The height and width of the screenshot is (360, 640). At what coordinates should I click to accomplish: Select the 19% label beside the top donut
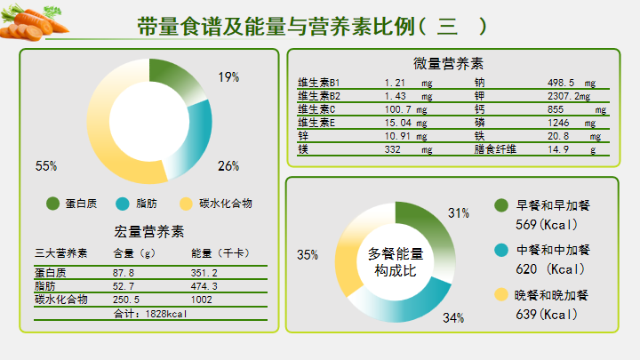[228, 77]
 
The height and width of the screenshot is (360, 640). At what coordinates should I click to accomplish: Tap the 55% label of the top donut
[46, 166]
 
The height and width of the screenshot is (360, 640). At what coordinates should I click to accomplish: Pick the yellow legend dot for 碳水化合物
[186, 204]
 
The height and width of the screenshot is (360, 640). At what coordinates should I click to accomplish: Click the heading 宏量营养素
[149, 232]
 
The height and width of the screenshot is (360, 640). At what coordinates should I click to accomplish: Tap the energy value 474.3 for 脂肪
[204, 286]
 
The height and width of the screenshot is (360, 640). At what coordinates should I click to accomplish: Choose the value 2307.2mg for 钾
[570, 96]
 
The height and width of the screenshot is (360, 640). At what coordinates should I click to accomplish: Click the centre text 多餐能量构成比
[395, 261]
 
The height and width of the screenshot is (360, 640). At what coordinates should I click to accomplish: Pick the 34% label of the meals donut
[453, 317]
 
